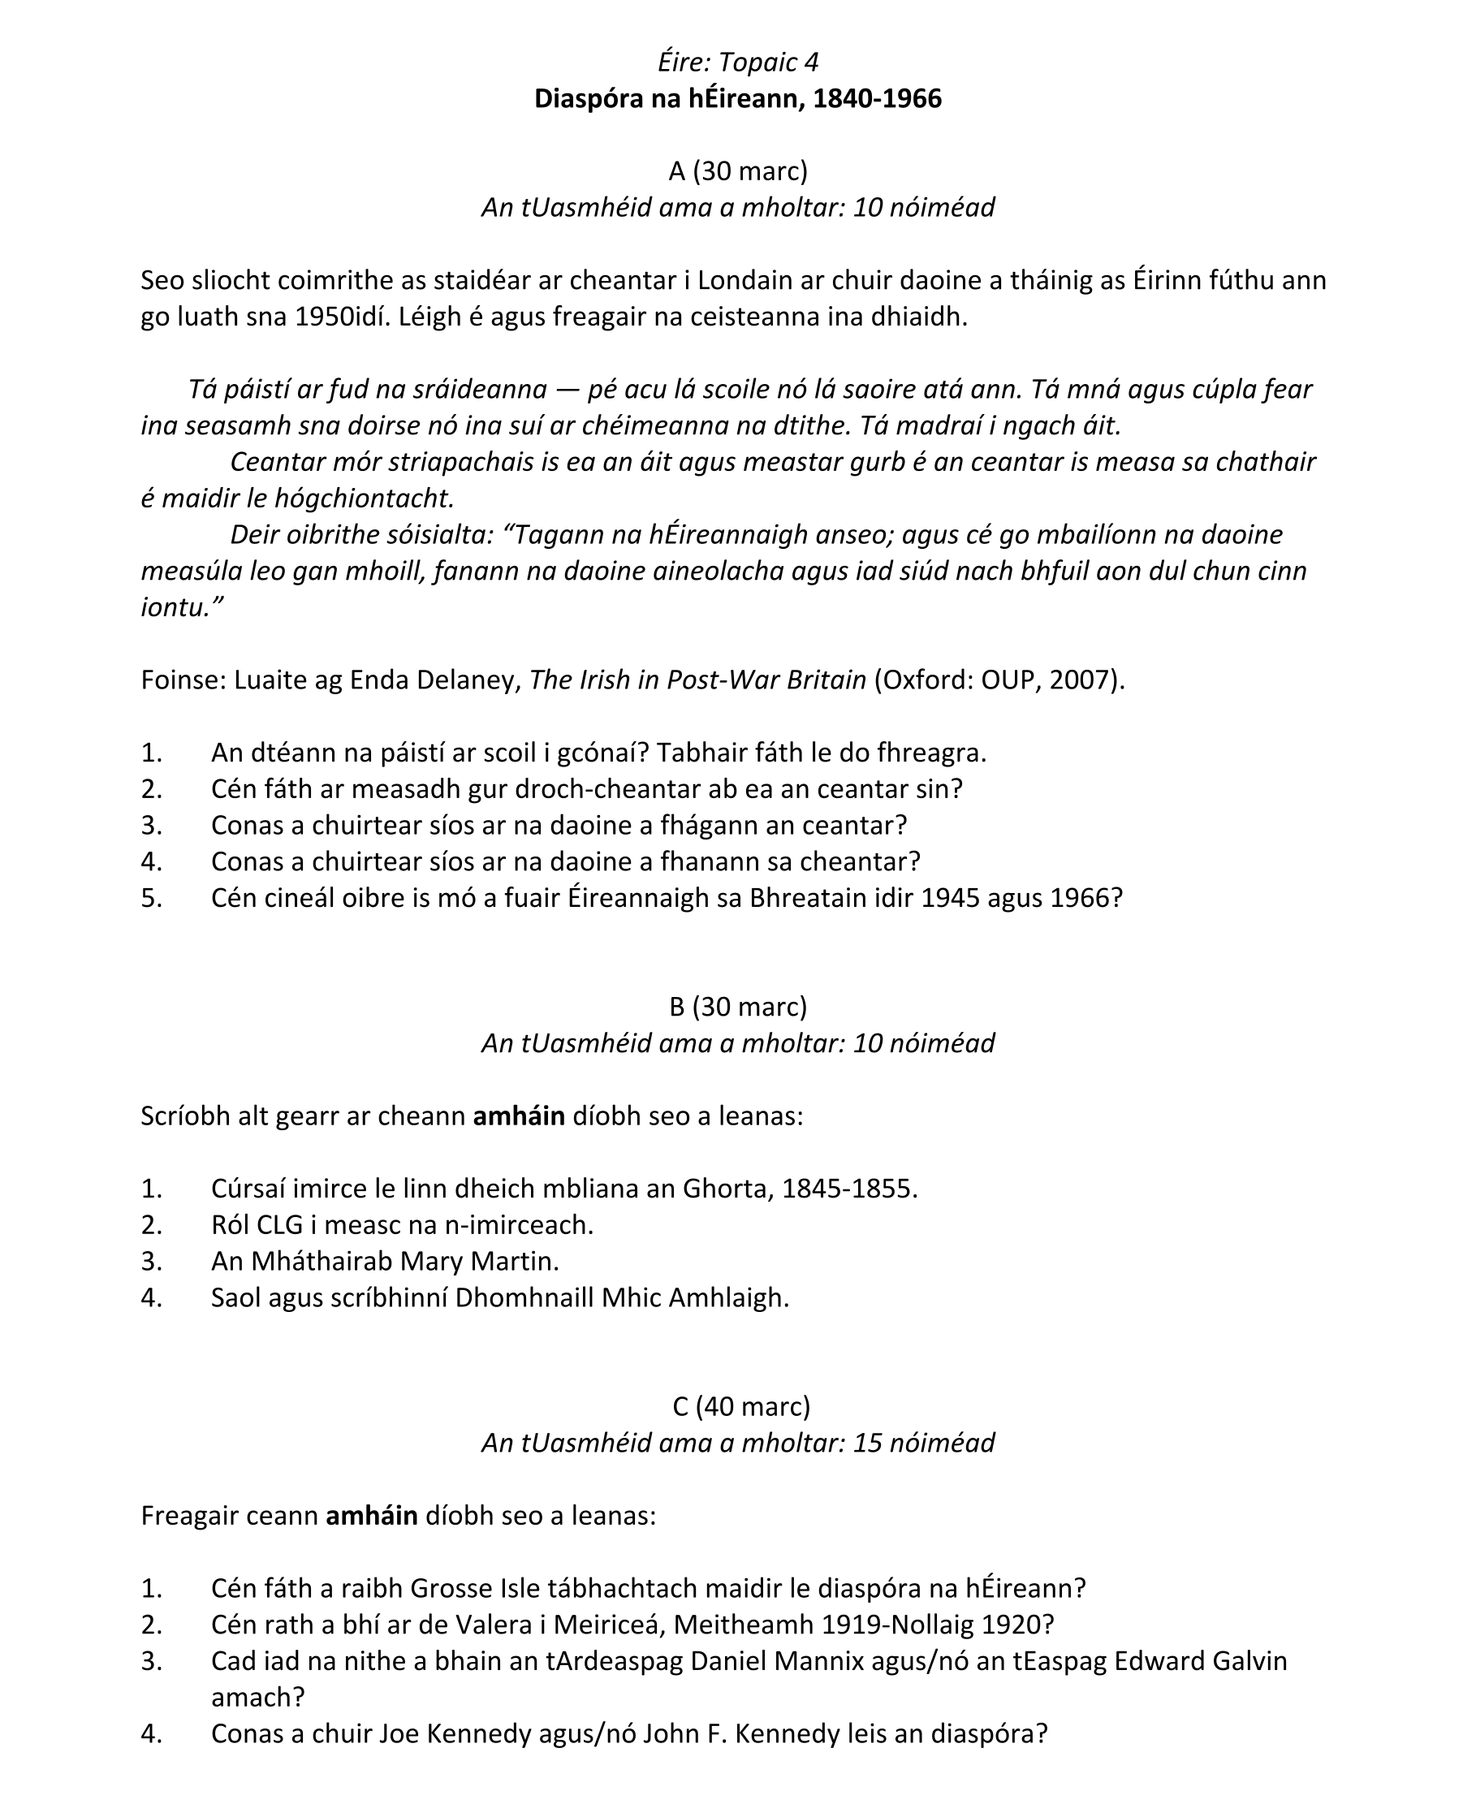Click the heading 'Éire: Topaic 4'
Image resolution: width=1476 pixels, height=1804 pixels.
[737, 62]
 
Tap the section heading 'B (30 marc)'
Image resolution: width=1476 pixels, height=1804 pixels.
[737, 1007]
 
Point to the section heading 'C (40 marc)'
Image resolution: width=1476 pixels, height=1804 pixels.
[740, 1406]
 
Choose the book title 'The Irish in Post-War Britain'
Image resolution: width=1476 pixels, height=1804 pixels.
[697, 680]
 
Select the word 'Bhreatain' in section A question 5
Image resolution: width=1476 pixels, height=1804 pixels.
[808, 898]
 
